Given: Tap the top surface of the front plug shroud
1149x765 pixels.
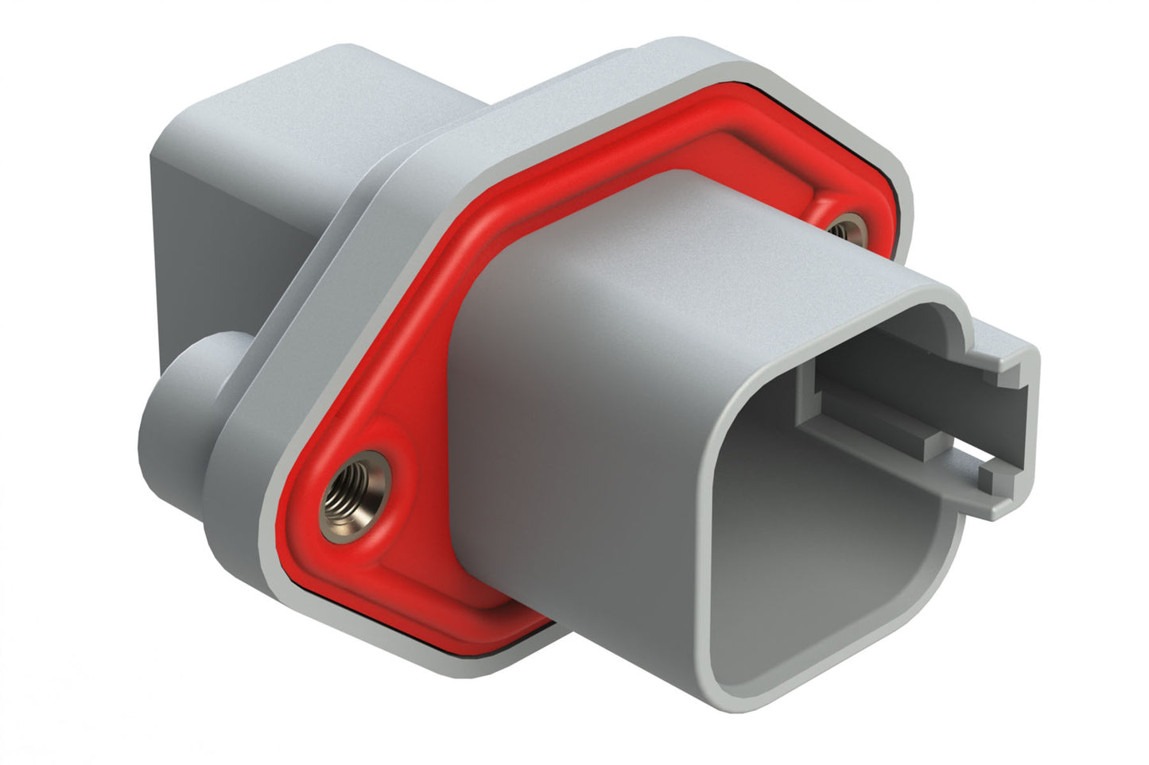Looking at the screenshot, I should (x=716, y=238).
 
